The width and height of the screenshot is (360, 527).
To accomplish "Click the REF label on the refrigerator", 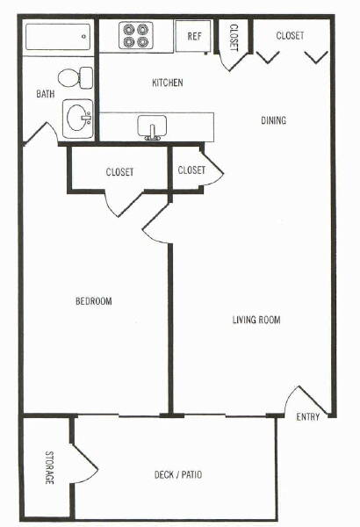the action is coord(194,36).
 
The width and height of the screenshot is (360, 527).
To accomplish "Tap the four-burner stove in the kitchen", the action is coord(135,35).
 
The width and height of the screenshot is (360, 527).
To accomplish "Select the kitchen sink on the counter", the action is coord(152,127).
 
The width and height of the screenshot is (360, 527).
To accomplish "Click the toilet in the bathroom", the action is coord(76,78).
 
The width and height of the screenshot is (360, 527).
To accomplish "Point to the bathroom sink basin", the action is coord(77,119).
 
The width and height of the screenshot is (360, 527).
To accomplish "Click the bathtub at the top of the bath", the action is coord(58,37).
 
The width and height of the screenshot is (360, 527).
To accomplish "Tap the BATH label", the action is coord(46,93).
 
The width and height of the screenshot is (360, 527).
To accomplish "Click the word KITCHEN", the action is coord(168,83).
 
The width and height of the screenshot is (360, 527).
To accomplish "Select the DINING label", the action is coord(274,120).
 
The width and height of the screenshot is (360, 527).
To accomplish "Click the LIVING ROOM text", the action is coord(256,320).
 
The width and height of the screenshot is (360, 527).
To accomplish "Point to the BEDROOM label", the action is coord(94,300).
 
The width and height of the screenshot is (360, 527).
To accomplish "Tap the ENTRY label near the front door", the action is coord(308,417).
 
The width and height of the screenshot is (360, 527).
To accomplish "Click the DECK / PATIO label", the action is coord(178,474).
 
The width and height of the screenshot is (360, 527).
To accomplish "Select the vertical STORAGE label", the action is coord(49,467).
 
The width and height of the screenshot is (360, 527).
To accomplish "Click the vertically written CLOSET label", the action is coord(234,38).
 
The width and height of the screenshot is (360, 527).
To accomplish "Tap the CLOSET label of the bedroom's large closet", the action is coord(119,172).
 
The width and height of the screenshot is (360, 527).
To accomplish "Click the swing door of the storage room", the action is coord(84,463).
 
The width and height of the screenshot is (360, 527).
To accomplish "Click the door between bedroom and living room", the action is coord(156,223).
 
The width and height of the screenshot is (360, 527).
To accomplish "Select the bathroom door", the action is coord(40,134).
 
